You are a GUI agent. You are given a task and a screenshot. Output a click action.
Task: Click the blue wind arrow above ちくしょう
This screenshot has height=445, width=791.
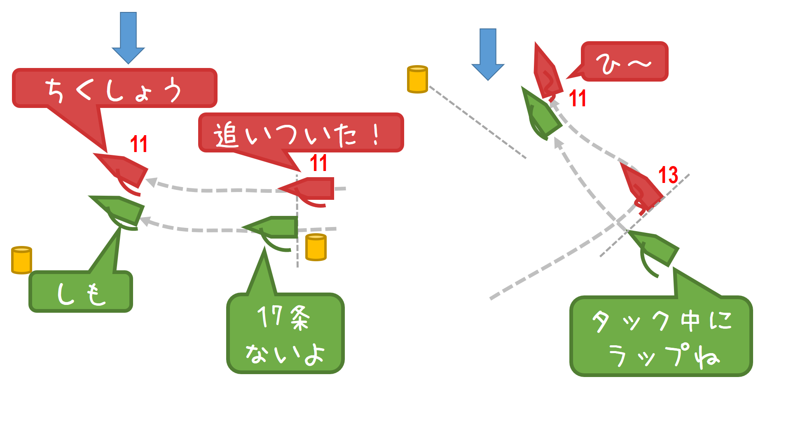coord(128,37)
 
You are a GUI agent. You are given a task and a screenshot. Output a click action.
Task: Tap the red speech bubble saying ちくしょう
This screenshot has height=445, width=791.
coord(114,89)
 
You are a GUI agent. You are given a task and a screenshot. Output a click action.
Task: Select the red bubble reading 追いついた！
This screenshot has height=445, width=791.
coord(301,133)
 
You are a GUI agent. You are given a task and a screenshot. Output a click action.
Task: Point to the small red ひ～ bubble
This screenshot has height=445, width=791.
coord(624,61)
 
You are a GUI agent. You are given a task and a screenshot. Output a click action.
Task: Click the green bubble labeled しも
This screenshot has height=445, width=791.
coord(81,291)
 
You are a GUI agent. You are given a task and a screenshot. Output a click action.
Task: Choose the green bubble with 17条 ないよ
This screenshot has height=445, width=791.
coord(285,334)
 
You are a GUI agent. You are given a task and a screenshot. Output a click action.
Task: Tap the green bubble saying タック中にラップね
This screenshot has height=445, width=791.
coord(661,337)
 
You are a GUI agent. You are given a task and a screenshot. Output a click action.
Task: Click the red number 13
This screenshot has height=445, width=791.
coord(668,175)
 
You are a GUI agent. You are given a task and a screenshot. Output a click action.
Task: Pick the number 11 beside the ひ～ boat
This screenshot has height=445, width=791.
coord(577,98)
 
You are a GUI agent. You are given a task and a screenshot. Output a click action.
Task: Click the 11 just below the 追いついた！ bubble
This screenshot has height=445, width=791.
coord(318,163)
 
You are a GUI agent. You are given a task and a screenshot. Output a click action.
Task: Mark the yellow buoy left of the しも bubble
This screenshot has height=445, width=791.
coord(21,260)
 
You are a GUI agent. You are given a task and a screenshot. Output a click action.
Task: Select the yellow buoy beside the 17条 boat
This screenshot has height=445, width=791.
coord(316,247)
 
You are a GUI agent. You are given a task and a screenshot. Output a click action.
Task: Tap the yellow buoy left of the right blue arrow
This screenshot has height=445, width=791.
coord(417,79)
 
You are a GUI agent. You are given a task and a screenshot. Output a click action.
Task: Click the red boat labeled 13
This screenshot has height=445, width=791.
coord(640,187)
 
